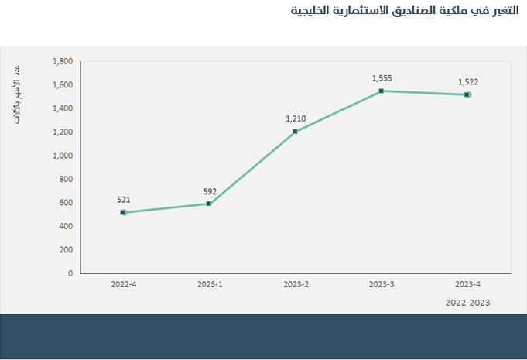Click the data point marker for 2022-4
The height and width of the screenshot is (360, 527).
pyautogui.click(x=123, y=212)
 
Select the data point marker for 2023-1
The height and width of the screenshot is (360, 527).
pyautogui.click(x=209, y=204)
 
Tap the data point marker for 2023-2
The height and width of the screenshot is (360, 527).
pyautogui.click(x=296, y=132)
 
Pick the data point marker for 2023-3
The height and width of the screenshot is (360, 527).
pyautogui.click(x=382, y=91)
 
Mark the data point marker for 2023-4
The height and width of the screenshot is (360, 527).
pyautogui.click(x=467, y=94)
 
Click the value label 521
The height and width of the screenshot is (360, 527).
pyautogui.click(x=123, y=200)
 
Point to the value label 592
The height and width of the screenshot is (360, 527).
pyautogui.click(x=209, y=191)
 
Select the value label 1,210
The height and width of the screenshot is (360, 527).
pyautogui.click(x=296, y=118)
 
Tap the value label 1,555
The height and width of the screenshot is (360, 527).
pyautogui.click(x=382, y=78)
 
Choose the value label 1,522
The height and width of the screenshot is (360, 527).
pyautogui.click(x=468, y=82)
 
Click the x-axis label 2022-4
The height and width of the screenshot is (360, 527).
pyautogui.click(x=123, y=285)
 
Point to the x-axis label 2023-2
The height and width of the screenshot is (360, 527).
pyautogui.click(x=296, y=285)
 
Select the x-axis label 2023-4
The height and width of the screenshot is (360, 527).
pyautogui.click(x=468, y=285)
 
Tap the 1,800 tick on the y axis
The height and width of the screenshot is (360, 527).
pyautogui.click(x=62, y=61)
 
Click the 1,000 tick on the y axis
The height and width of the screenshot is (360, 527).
pyautogui.click(x=62, y=156)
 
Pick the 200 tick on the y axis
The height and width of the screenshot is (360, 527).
pyautogui.click(x=65, y=249)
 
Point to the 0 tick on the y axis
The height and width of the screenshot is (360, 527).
pyautogui.click(x=70, y=273)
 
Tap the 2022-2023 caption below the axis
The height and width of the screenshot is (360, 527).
pyautogui.click(x=467, y=303)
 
